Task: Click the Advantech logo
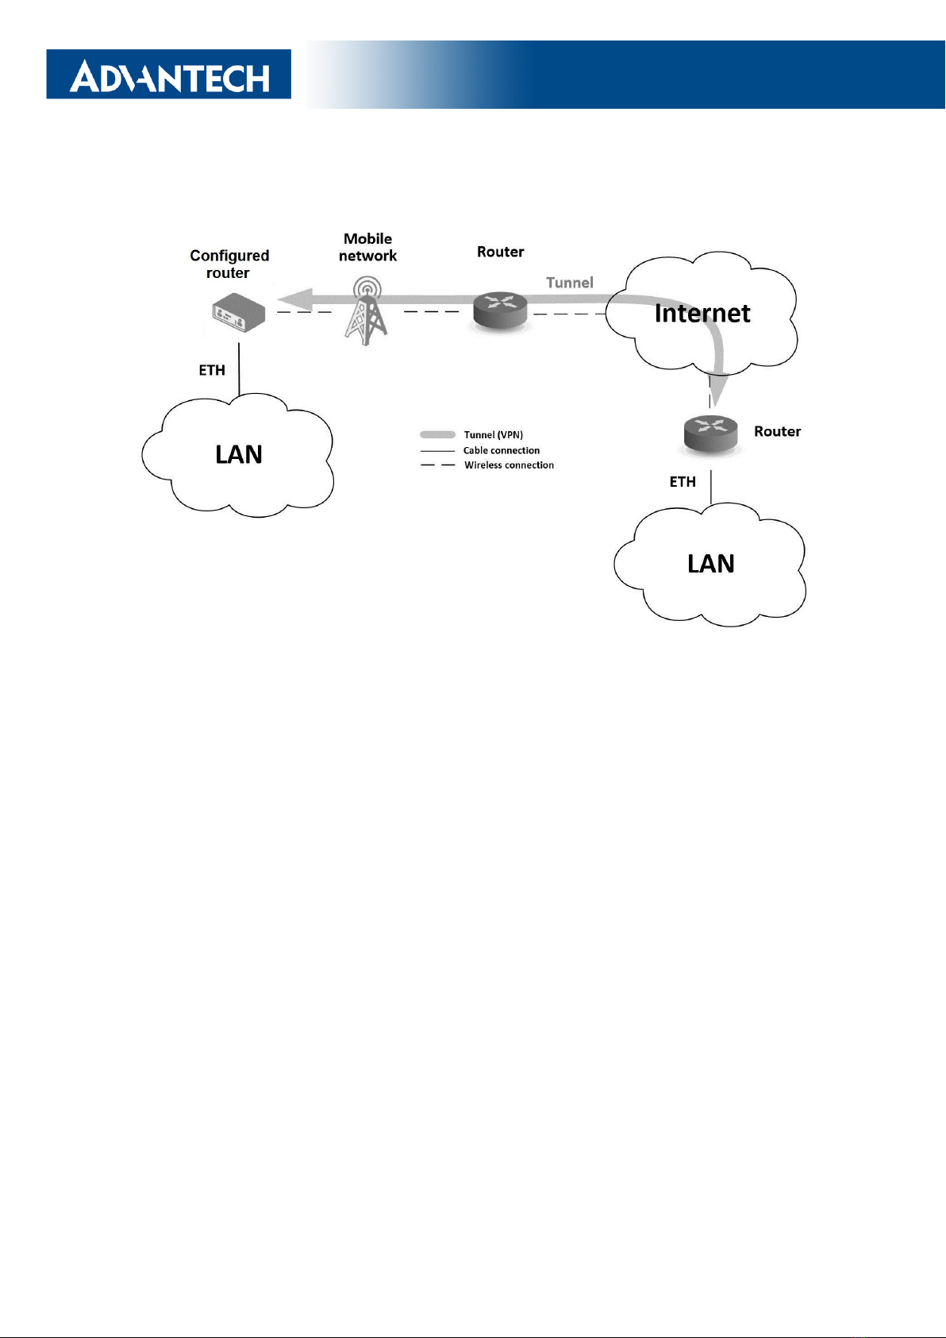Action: pyautogui.click(x=169, y=74)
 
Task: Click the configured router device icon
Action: pyautogui.click(x=239, y=312)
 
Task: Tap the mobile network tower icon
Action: pyautogui.click(x=367, y=310)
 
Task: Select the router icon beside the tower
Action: pyautogui.click(x=500, y=310)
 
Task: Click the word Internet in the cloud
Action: pyautogui.click(x=702, y=314)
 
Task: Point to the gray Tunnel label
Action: pyautogui.click(x=569, y=283)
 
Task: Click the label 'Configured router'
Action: pyautogui.click(x=229, y=264)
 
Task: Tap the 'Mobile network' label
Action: pyautogui.click(x=367, y=247)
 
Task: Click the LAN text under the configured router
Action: pyautogui.click(x=239, y=454)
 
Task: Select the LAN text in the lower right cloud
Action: pyautogui.click(x=711, y=564)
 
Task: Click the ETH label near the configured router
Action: pyautogui.click(x=212, y=370)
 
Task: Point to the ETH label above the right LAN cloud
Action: pyautogui.click(x=683, y=482)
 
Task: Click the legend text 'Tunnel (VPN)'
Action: pyautogui.click(x=494, y=435)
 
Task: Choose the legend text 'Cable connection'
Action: pyautogui.click(x=502, y=450)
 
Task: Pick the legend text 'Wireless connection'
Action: pyautogui.click(x=509, y=465)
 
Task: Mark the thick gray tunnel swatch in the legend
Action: pyautogui.click(x=437, y=434)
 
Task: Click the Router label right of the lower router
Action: pyautogui.click(x=777, y=431)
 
